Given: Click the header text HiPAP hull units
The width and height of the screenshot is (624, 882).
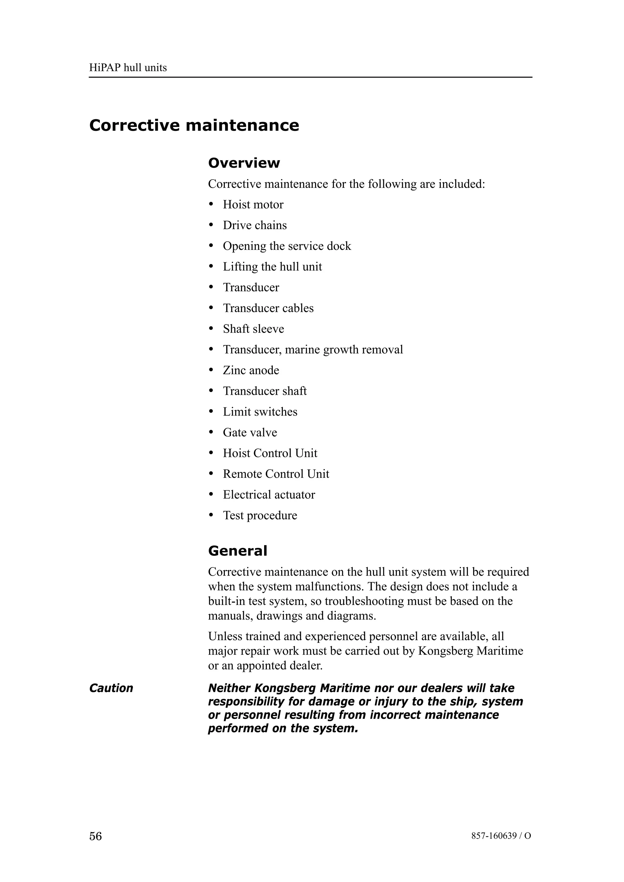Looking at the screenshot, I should pyautogui.click(x=128, y=68).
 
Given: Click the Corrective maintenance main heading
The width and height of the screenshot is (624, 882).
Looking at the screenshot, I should pyautogui.click(x=194, y=126).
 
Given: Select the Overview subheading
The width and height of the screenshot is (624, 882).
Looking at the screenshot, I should pyautogui.click(x=244, y=163).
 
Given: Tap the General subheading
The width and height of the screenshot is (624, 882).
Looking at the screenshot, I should pyautogui.click(x=237, y=551).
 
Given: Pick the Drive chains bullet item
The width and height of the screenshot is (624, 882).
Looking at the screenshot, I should pyautogui.click(x=254, y=225).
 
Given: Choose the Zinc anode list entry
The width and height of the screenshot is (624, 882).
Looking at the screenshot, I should pyautogui.click(x=251, y=370).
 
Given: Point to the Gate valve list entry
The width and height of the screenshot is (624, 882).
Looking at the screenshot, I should pyautogui.click(x=250, y=432).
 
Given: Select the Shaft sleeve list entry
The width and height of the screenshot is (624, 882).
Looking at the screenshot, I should pyautogui.click(x=253, y=329).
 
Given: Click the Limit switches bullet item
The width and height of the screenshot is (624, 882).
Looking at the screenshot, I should pyautogui.click(x=260, y=412).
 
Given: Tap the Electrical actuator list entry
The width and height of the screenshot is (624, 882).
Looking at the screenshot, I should pyautogui.click(x=269, y=495).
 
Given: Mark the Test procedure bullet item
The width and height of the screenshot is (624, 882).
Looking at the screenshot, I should pyautogui.click(x=260, y=516).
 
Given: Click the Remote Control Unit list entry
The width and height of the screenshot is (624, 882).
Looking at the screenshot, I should pyautogui.click(x=276, y=474).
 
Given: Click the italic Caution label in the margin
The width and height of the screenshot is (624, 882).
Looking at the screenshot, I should pyautogui.click(x=111, y=688).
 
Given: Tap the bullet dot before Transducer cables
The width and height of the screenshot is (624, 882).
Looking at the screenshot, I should pyautogui.click(x=211, y=308).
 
